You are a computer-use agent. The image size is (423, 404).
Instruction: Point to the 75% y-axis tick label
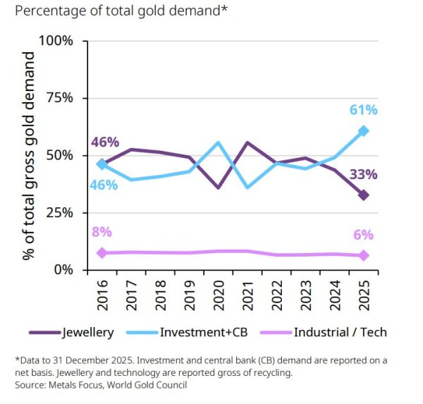[59, 98]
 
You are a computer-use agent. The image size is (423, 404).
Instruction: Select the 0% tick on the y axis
[62, 270]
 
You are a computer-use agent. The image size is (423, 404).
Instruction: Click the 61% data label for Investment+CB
[363, 110]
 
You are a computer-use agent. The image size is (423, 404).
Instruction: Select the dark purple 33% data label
[363, 174]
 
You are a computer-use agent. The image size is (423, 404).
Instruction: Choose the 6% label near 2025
[363, 235]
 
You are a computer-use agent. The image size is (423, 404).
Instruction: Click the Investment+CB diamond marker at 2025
[363, 131]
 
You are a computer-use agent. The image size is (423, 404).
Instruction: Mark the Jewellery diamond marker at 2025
[363, 195]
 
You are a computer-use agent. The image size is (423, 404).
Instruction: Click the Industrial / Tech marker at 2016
[102, 252]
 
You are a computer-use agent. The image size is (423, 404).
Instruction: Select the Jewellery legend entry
[66, 332]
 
